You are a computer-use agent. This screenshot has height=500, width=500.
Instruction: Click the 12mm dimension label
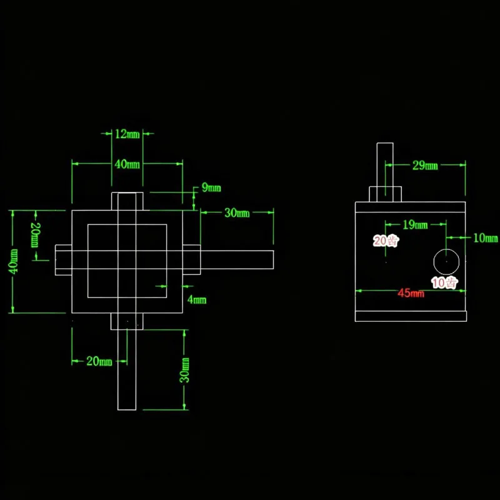tap(127, 134)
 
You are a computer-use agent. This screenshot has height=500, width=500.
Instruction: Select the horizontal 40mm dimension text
tap(127, 164)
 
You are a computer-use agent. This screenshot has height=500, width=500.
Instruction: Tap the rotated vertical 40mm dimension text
tap(13, 261)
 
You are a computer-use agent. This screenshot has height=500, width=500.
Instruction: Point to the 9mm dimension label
tap(211, 187)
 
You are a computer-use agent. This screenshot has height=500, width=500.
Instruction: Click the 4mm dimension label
tap(197, 299)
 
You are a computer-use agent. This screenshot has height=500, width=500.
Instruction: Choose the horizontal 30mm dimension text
tap(237, 212)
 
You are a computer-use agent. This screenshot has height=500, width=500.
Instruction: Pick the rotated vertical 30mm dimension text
tap(184, 370)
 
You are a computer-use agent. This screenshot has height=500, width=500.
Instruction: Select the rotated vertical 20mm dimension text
tap(36, 235)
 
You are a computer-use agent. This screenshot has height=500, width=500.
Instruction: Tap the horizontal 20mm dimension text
tap(99, 361)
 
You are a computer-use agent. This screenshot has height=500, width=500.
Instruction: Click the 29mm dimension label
tap(425, 165)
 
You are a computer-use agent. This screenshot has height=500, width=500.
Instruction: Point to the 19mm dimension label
tap(415, 225)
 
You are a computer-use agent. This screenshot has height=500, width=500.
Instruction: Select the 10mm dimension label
tap(486, 238)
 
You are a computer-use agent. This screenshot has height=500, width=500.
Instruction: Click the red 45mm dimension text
tap(411, 293)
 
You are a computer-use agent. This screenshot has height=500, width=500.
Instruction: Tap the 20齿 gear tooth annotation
tap(386, 241)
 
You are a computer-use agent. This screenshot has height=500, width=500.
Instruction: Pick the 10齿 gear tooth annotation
tap(445, 282)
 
